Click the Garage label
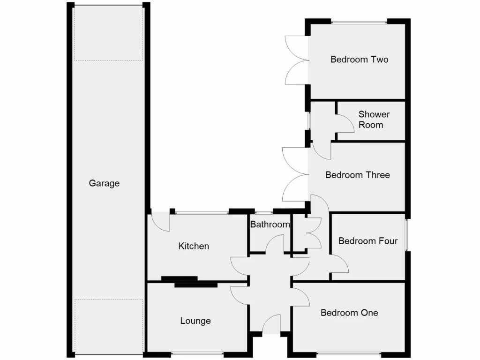(104, 183)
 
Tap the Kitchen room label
(194, 246)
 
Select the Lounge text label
(195, 321)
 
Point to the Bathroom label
(270, 225)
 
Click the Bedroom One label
(349, 313)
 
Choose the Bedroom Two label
(359, 60)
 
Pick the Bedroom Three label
(358, 175)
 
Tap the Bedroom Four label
(368, 241)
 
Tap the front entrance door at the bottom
(271, 325)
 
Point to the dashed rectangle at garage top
(108, 33)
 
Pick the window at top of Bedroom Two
(359, 22)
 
